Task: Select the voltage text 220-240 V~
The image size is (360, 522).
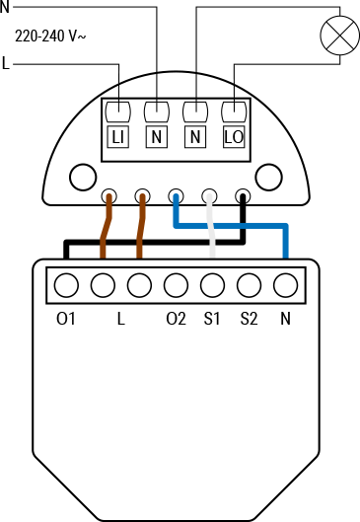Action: point(55,37)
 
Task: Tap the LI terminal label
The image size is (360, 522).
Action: point(117,136)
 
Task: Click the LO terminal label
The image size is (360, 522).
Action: point(233,136)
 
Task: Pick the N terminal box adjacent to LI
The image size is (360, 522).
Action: point(156,136)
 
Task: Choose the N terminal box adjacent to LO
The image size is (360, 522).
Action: point(194,136)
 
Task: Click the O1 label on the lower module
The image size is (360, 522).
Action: point(66,319)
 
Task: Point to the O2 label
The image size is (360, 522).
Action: point(176,319)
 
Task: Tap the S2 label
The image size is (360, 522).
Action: point(249,319)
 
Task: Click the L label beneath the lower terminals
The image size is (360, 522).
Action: point(119,319)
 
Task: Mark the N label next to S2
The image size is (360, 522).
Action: point(286,319)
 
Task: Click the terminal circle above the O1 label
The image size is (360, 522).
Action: point(66,285)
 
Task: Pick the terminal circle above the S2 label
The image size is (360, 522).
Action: point(249,285)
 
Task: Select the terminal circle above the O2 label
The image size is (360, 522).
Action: point(176,285)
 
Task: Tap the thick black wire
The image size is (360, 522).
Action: point(148,241)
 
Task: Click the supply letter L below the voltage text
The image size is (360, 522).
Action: point(6,64)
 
